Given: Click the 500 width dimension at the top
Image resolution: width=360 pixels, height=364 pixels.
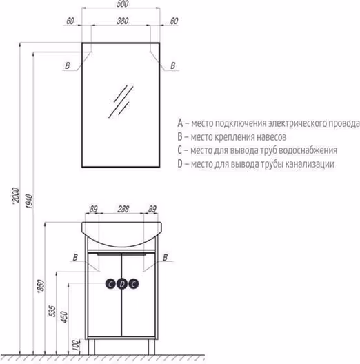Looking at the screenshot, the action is click(x=122, y=3).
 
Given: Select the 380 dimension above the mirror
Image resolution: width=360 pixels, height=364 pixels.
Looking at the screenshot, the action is click(x=122, y=21).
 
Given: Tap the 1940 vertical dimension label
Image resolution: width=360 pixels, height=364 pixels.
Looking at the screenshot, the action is click(x=29, y=201).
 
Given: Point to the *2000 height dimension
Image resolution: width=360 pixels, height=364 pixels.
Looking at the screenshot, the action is click(x=16, y=196).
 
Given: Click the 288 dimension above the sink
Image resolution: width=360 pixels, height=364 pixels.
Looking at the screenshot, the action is click(x=123, y=209).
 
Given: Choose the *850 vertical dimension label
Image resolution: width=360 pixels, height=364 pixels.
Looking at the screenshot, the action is click(x=41, y=286).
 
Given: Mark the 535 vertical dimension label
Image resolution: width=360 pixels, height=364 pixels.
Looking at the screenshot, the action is click(x=52, y=311).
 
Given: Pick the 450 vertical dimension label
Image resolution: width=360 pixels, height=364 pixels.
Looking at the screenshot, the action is click(x=64, y=317).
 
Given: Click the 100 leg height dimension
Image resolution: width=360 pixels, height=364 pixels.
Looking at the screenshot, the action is click(x=76, y=345).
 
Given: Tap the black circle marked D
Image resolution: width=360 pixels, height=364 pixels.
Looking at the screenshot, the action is click(x=122, y=283).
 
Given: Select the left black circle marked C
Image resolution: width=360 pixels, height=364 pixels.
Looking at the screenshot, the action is click(x=110, y=283).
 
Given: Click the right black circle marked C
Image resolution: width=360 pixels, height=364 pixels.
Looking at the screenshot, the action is click(x=133, y=283).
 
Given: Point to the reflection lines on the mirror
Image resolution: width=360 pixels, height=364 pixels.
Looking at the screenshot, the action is click(x=121, y=101).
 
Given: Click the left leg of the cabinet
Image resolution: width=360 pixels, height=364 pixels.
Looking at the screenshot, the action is click(x=91, y=347).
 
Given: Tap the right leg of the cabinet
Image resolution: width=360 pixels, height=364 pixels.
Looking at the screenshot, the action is click(x=152, y=347).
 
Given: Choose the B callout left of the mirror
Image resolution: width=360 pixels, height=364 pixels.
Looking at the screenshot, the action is click(x=68, y=65).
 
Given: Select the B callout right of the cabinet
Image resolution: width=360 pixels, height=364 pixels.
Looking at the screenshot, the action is click(x=165, y=257).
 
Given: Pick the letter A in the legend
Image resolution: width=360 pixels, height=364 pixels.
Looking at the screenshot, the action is click(x=180, y=123).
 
